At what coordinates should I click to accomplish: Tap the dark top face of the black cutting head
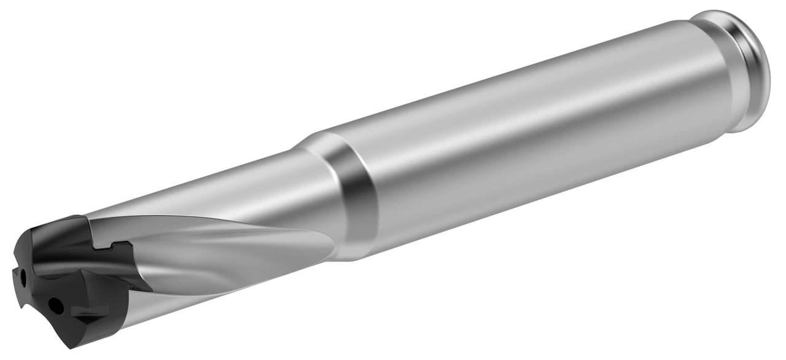(55, 230)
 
